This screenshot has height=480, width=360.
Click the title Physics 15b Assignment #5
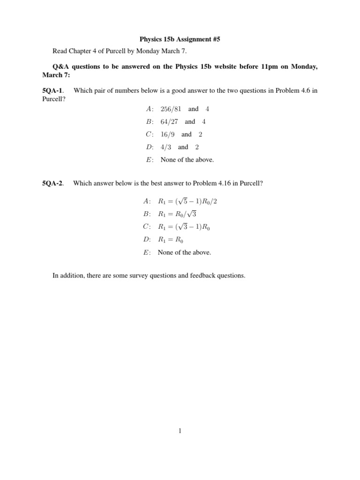[180, 40]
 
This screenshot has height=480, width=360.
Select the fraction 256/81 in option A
[171, 109]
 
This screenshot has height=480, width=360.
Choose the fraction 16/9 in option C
[167, 134]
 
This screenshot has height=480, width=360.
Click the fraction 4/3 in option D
[165, 147]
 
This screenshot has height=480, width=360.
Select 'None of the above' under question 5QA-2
[184, 252]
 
